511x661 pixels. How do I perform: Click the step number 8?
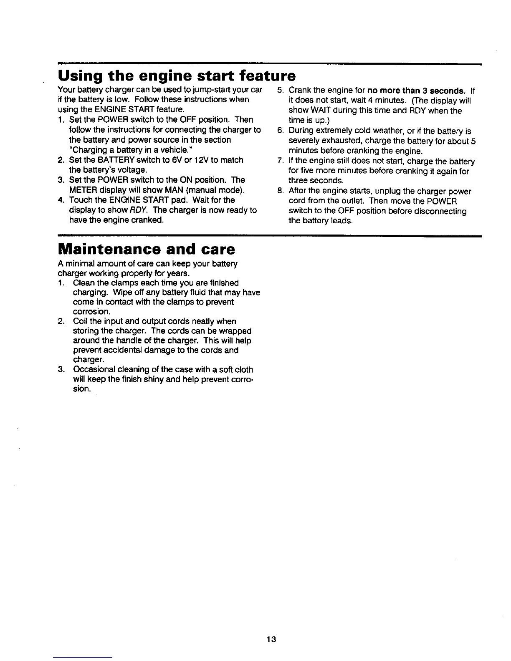coord(280,192)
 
